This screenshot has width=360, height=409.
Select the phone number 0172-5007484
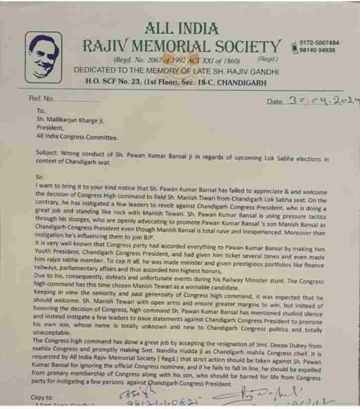pos(320,43)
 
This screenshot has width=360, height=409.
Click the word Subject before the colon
pos(48,153)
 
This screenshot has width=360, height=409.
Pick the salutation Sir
pos(40,176)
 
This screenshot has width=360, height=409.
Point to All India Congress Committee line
pos(77,136)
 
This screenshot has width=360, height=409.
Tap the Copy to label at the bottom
pos(41,398)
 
